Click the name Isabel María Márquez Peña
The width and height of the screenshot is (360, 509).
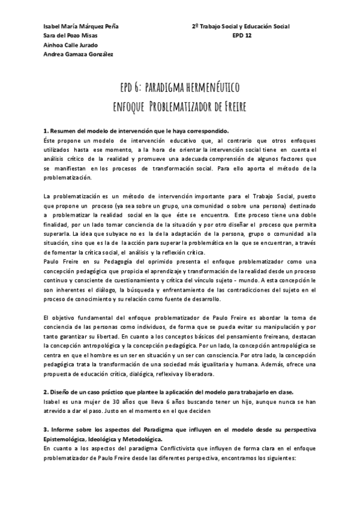(x=81, y=26)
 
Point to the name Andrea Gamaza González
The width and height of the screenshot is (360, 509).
(x=78, y=54)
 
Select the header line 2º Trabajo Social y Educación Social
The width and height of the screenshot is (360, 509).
(x=240, y=26)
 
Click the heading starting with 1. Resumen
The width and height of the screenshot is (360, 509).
(x=136, y=131)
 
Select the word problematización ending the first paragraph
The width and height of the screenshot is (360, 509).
(x=69, y=178)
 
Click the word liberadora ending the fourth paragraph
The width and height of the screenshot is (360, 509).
(x=195, y=358)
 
